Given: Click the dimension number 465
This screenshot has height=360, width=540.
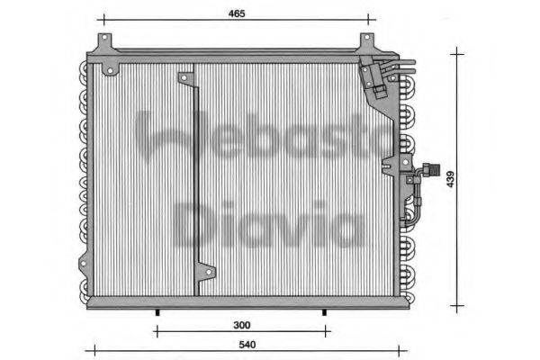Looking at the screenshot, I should (x=236, y=14).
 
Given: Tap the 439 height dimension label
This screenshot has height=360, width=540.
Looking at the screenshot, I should (x=449, y=179).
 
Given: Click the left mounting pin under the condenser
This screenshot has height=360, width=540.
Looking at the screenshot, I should (x=157, y=311).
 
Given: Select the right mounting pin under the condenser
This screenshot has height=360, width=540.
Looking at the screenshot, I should (x=325, y=311).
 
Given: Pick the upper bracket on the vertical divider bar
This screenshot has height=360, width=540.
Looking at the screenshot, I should (x=187, y=78).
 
